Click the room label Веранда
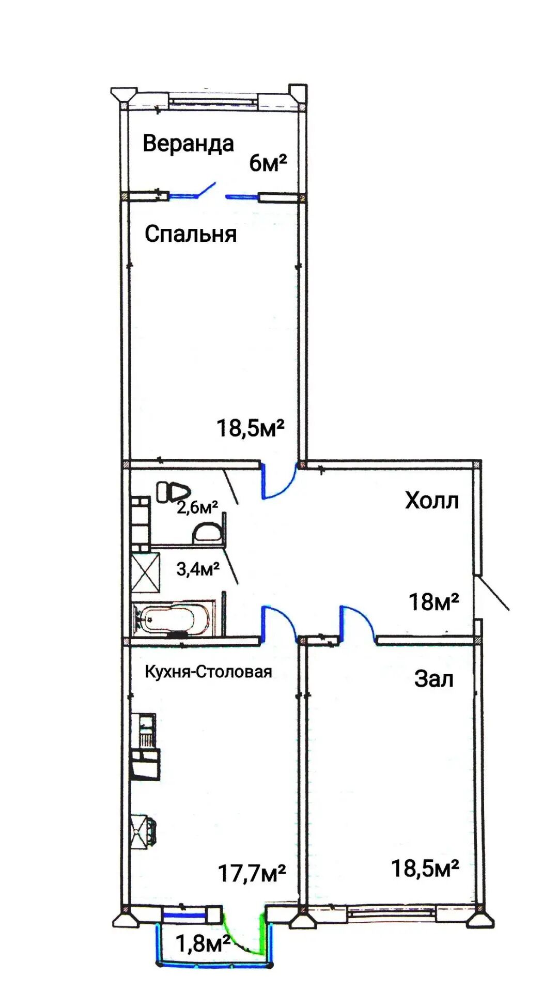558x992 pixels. click(x=188, y=144)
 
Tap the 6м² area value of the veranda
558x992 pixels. click(x=268, y=163)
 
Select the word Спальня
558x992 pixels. click(x=191, y=234)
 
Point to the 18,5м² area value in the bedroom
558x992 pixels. click(x=250, y=428)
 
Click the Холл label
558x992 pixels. click(x=432, y=501)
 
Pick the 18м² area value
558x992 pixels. click(x=433, y=601)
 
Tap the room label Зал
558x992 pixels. click(x=434, y=679)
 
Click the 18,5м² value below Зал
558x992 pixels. click(x=425, y=869)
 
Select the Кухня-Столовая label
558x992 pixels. click(x=208, y=672)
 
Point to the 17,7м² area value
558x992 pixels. click(x=252, y=874)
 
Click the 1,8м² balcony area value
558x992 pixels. click(x=203, y=944)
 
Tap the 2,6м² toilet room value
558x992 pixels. click(x=197, y=507)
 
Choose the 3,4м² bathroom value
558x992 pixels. click(x=198, y=569)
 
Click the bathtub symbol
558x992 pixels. click(x=173, y=618)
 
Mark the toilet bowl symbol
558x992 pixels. click(x=174, y=491)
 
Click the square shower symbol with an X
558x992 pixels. click(x=145, y=572)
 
